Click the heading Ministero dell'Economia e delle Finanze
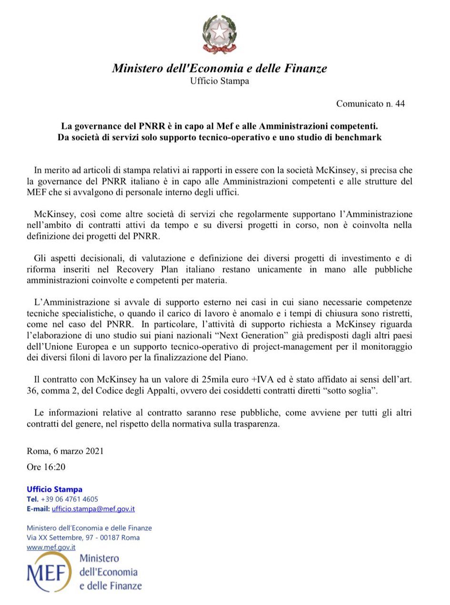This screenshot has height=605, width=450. (219, 69)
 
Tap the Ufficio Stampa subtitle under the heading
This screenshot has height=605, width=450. (219, 81)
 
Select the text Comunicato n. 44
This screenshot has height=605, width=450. (370, 104)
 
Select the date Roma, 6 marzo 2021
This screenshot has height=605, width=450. (65, 451)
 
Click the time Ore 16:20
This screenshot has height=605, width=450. (46, 467)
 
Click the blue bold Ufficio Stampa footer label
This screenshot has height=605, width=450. (55, 489)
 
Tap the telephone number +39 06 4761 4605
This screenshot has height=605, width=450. (70, 499)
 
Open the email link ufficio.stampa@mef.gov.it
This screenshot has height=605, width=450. (93, 509)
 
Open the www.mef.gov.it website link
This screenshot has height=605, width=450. (51, 547)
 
